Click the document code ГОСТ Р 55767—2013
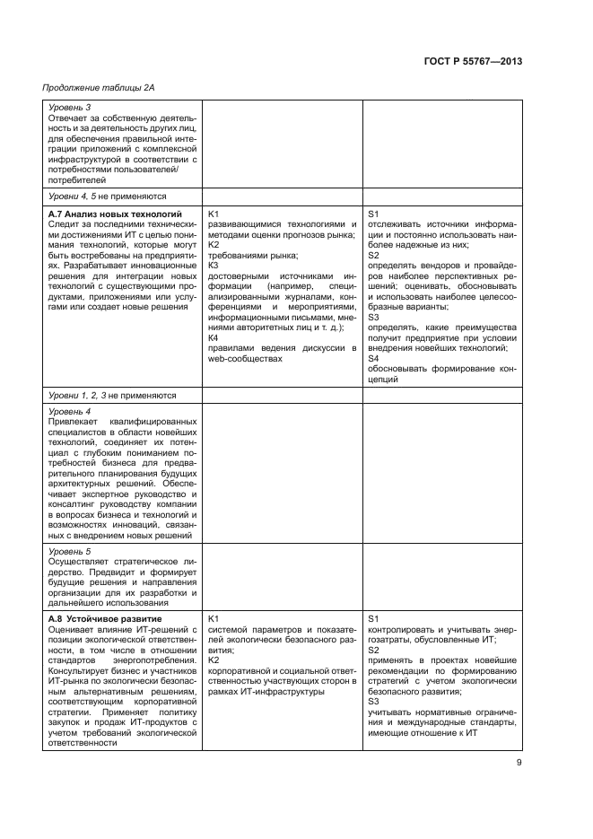coord(474,61)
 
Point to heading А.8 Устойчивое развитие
coord(104,619)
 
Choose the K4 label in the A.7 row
coord(214,338)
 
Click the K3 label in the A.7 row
coord(214,266)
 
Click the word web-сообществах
coord(240,359)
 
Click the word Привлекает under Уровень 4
coord(74,421)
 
